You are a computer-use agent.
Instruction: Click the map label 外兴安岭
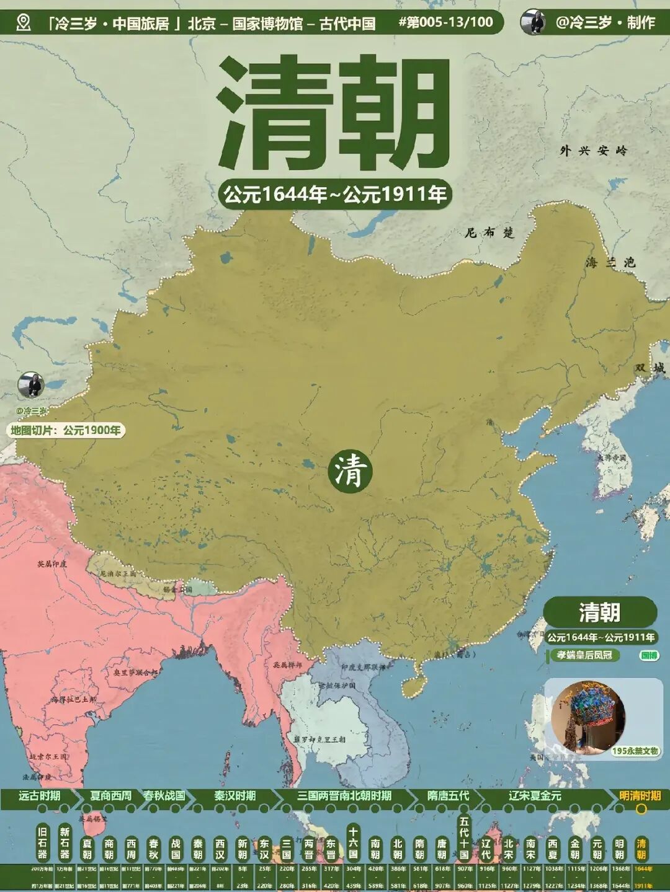(593, 150)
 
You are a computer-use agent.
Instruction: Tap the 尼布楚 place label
(490, 233)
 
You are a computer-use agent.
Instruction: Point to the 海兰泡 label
(610, 263)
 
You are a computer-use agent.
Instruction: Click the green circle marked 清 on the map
(351, 471)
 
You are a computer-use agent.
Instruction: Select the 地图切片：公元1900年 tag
(66, 430)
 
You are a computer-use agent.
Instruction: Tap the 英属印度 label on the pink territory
(52, 564)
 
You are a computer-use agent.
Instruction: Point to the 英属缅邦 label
(287, 665)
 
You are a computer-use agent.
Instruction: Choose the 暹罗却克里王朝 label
(319, 740)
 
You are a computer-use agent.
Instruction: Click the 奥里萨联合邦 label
(131, 672)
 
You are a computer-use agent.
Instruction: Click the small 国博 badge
(649, 655)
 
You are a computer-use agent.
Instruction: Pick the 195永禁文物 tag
(635, 751)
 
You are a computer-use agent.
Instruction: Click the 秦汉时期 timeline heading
(235, 795)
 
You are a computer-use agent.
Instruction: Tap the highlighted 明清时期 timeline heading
(640, 795)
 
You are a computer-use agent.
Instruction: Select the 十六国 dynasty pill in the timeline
(353, 842)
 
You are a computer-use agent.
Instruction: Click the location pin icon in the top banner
(24, 23)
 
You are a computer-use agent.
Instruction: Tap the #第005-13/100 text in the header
(445, 23)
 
